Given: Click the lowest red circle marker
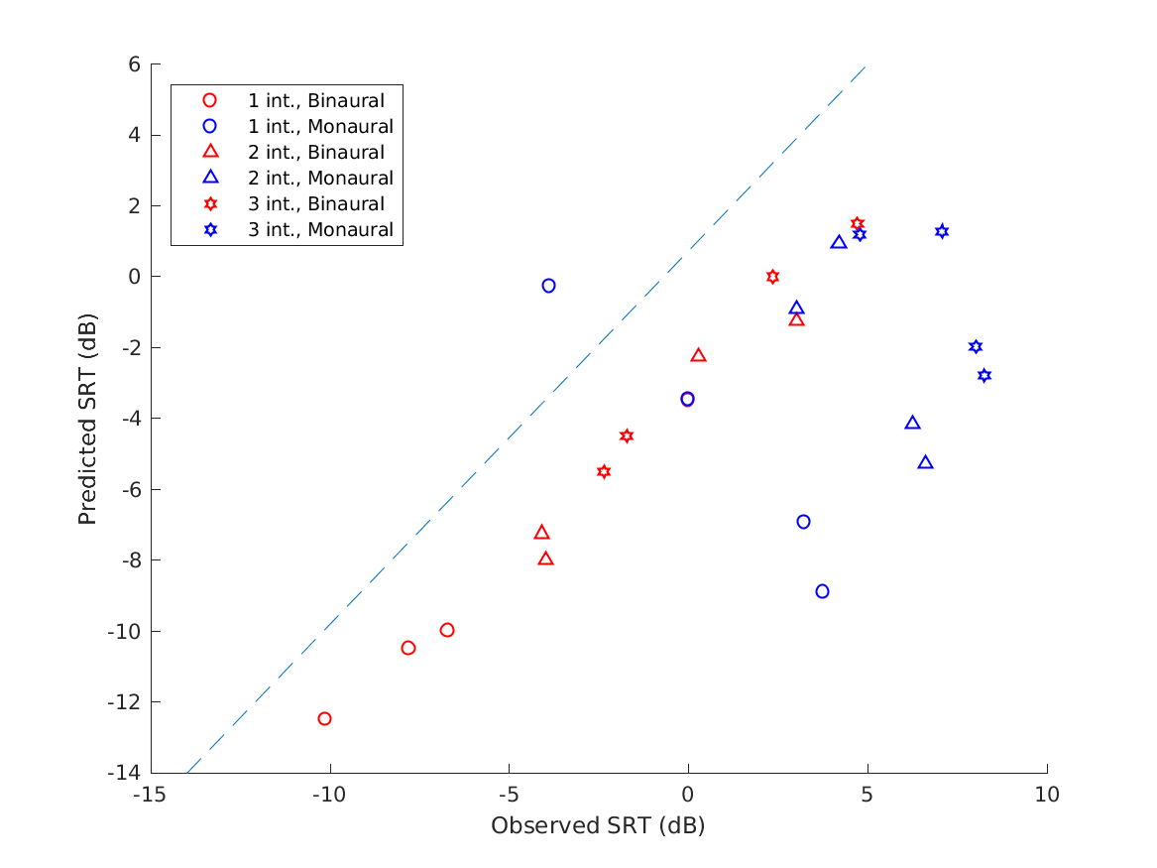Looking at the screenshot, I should coord(324,718).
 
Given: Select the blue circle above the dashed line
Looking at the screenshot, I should coord(548,286).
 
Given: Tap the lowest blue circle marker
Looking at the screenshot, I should coord(822,591).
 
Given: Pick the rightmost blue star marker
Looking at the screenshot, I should coord(983,375).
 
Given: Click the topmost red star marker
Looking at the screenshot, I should coord(858,224).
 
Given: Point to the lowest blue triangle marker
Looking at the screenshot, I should coord(925,462).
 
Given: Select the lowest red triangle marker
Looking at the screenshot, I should coord(545,558).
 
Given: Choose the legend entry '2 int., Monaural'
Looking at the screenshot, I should coord(320,179).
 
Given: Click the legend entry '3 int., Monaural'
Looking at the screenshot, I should coord(320,230).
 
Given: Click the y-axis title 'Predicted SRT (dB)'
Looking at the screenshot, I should coord(88,419).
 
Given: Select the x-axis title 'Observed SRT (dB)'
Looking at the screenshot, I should coord(598,826).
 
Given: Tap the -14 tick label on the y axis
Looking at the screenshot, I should coord(127,773).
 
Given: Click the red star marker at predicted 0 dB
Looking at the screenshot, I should coord(772,277).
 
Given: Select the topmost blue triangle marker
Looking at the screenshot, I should coord(839,242).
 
